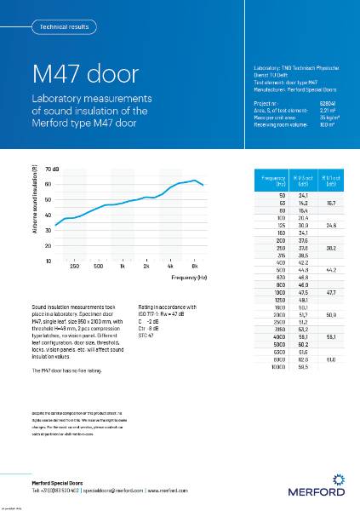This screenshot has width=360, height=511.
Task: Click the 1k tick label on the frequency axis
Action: [123, 267]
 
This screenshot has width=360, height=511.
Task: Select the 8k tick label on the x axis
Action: [195, 267]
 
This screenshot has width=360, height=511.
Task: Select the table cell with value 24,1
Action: [301, 196]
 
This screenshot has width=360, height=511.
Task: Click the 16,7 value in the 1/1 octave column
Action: [332, 204]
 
